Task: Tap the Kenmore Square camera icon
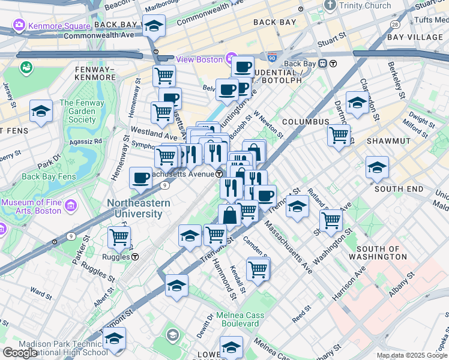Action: (19, 25)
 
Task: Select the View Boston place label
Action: (199, 59)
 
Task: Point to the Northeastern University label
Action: (139, 208)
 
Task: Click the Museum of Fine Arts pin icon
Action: (71, 206)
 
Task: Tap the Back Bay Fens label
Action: (47, 176)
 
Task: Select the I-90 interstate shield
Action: (273, 58)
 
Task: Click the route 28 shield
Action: (394, 24)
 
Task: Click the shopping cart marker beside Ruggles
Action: (119, 237)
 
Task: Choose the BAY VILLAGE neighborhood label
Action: (415, 37)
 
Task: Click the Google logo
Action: (20, 352)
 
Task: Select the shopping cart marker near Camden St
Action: (258, 269)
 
